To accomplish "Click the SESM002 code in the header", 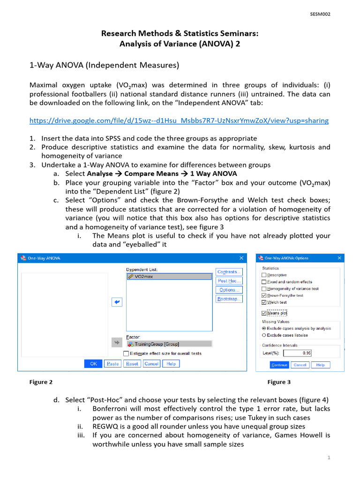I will (x=320, y=14).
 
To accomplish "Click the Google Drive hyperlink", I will (x=179, y=120).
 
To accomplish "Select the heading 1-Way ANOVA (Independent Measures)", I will (x=104, y=65).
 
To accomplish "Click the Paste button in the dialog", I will (x=112, y=364).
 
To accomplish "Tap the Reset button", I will (x=132, y=364).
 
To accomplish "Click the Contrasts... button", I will (x=229, y=272).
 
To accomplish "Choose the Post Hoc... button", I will (x=229, y=281).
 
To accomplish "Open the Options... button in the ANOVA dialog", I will (x=229, y=290).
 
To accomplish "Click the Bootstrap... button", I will (x=229, y=299).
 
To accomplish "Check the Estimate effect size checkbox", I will (x=126, y=353).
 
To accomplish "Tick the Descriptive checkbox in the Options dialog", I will (x=264, y=275).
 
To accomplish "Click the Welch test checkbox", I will (x=264, y=302).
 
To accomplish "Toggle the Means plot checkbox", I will (x=264, y=313).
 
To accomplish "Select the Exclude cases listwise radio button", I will (x=264, y=335).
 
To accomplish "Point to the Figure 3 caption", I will (x=279, y=382).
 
